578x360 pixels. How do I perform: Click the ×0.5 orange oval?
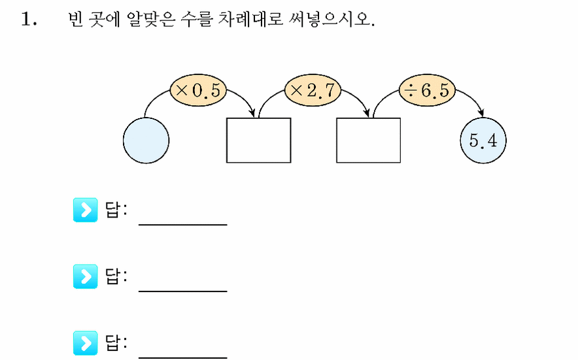tap(198, 90)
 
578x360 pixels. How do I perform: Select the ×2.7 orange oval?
tap(313, 90)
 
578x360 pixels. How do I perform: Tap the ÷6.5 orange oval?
tap(427, 90)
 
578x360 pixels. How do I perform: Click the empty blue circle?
tap(146, 140)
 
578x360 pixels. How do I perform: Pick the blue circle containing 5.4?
tap(483, 140)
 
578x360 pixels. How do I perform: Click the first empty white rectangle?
tap(258, 140)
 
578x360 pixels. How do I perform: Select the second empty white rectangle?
tap(368, 140)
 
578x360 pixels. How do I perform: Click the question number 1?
tap(29, 19)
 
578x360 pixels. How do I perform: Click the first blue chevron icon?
tap(85, 210)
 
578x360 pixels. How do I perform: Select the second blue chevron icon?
tap(85, 276)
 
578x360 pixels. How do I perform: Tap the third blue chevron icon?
tap(85, 343)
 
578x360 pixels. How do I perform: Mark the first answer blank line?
tap(183, 224)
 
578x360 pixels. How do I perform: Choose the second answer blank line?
tap(183, 291)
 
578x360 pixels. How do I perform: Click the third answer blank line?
tap(183, 357)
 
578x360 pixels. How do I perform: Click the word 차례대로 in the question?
tap(250, 19)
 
